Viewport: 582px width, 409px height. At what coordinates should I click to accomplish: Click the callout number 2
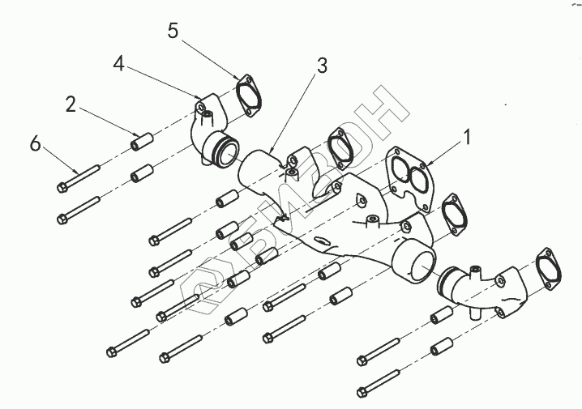(x=71, y=104)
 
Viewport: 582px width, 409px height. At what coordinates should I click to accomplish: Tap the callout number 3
(x=322, y=66)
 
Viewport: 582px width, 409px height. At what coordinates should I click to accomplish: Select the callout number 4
(x=118, y=63)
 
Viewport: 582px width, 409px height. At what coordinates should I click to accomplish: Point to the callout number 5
(x=172, y=32)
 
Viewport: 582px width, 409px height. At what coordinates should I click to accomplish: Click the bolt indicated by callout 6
(x=78, y=179)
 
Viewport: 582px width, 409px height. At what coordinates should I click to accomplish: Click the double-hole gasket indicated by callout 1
(x=409, y=173)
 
